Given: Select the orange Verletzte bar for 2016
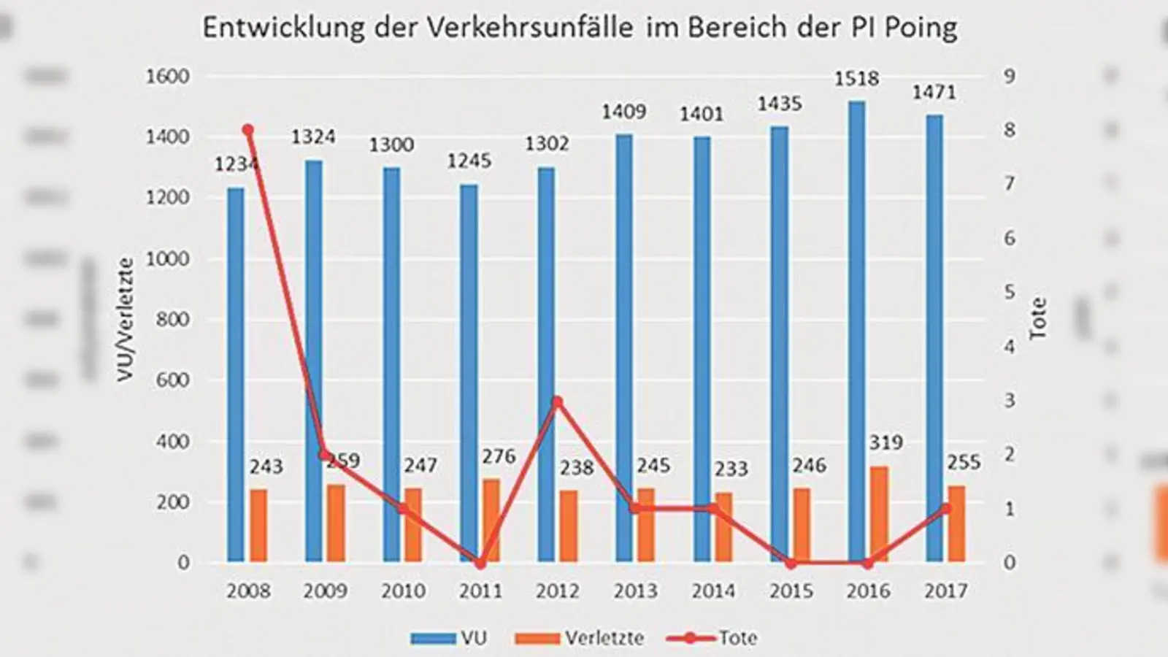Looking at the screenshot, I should pyautogui.click(x=880, y=514).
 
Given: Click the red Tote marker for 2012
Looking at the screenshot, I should pyautogui.click(x=558, y=401).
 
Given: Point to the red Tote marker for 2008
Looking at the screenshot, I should pyautogui.click(x=247, y=130).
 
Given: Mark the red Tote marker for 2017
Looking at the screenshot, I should pyautogui.click(x=946, y=509).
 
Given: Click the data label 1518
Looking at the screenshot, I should pyautogui.click(x=856, y=79).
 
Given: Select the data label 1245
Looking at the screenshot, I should pyautogui.click(x=469, y=161).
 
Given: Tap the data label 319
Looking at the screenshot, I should pyautogui.click(x=885, y=442).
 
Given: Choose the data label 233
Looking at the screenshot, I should pyautogui.click(x=731, y=469).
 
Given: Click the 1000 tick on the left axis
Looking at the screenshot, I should pyautogui.click(x=167, y=258).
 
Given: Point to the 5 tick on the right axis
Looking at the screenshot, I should pyautogui.click(x=1010, y=292).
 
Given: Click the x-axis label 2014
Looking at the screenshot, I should pyautogui.click(x=712, y=591).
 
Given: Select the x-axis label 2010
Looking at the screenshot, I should pyautogui.click(x=403, y=591).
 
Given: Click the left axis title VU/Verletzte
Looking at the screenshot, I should pyautogui.click(x=126, y=319).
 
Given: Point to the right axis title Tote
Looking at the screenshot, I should pyautogui.click(x=1037, y=319).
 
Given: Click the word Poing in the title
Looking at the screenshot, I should pyautogui.click(x=921, y=28).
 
